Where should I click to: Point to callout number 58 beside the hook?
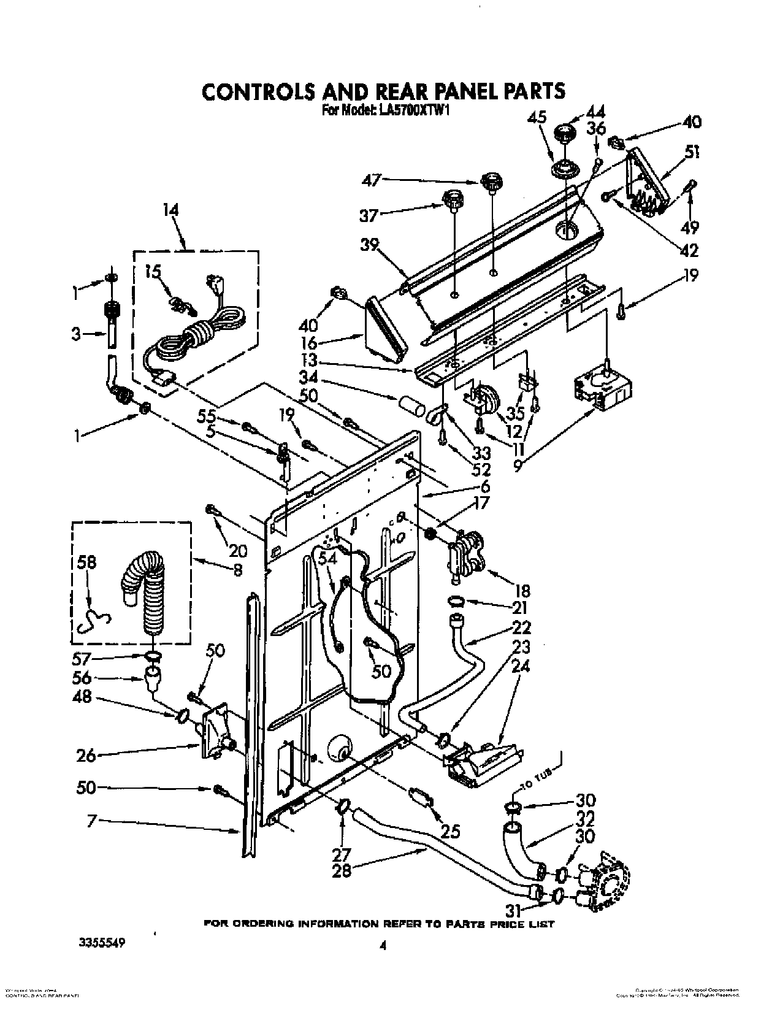tap(87, 563)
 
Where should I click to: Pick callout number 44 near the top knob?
tap(578, 113)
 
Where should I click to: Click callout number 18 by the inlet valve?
tap(522, 591)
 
